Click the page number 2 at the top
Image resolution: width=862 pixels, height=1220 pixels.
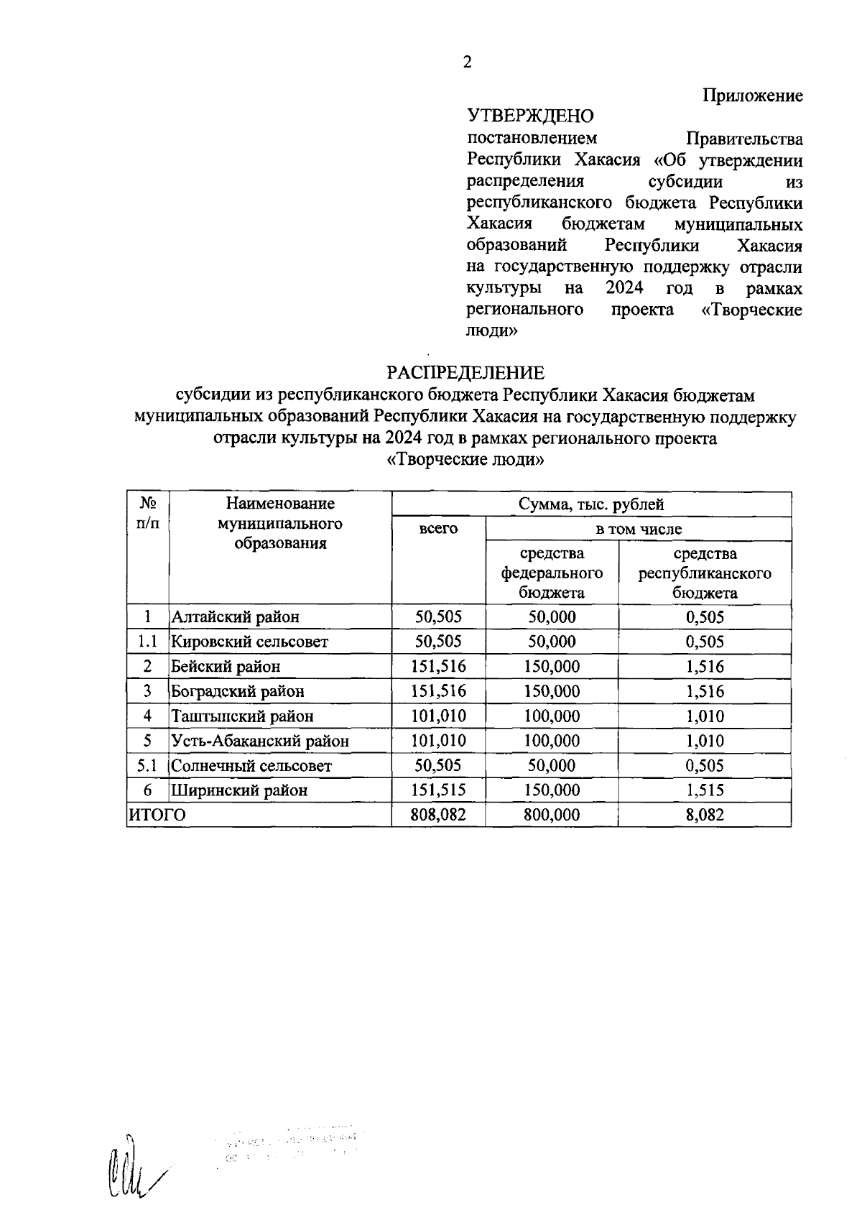467,63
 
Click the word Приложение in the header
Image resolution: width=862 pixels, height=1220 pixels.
752,96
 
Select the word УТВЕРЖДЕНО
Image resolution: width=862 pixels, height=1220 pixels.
530,116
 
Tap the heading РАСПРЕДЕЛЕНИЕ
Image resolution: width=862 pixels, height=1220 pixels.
465,373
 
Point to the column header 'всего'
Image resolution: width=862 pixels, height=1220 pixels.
438,529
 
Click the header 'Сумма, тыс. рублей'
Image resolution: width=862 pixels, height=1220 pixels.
591,504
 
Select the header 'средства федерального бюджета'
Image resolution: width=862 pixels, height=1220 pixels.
552,573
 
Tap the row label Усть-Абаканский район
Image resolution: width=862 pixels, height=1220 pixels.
260,741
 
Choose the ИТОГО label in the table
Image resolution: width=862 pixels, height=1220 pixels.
157,815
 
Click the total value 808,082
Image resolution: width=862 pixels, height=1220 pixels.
438,815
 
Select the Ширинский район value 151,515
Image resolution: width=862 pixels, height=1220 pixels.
438,790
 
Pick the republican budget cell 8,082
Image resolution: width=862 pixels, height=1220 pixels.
705,815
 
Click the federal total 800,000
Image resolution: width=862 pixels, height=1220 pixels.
552,815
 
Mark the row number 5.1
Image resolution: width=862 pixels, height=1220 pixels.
147,766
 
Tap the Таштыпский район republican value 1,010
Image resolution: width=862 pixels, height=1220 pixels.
705,716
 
